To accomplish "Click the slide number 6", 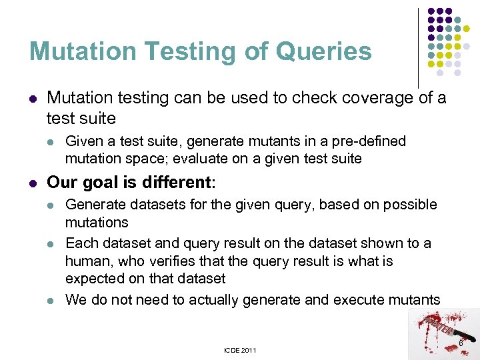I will (x=459, y=343).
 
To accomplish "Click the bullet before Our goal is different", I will (x=32, y=183).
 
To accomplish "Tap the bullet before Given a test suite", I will (x=51, y=142).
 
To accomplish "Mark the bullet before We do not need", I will (x=51, y=301).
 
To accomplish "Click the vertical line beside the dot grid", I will (x=418, y=47).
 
